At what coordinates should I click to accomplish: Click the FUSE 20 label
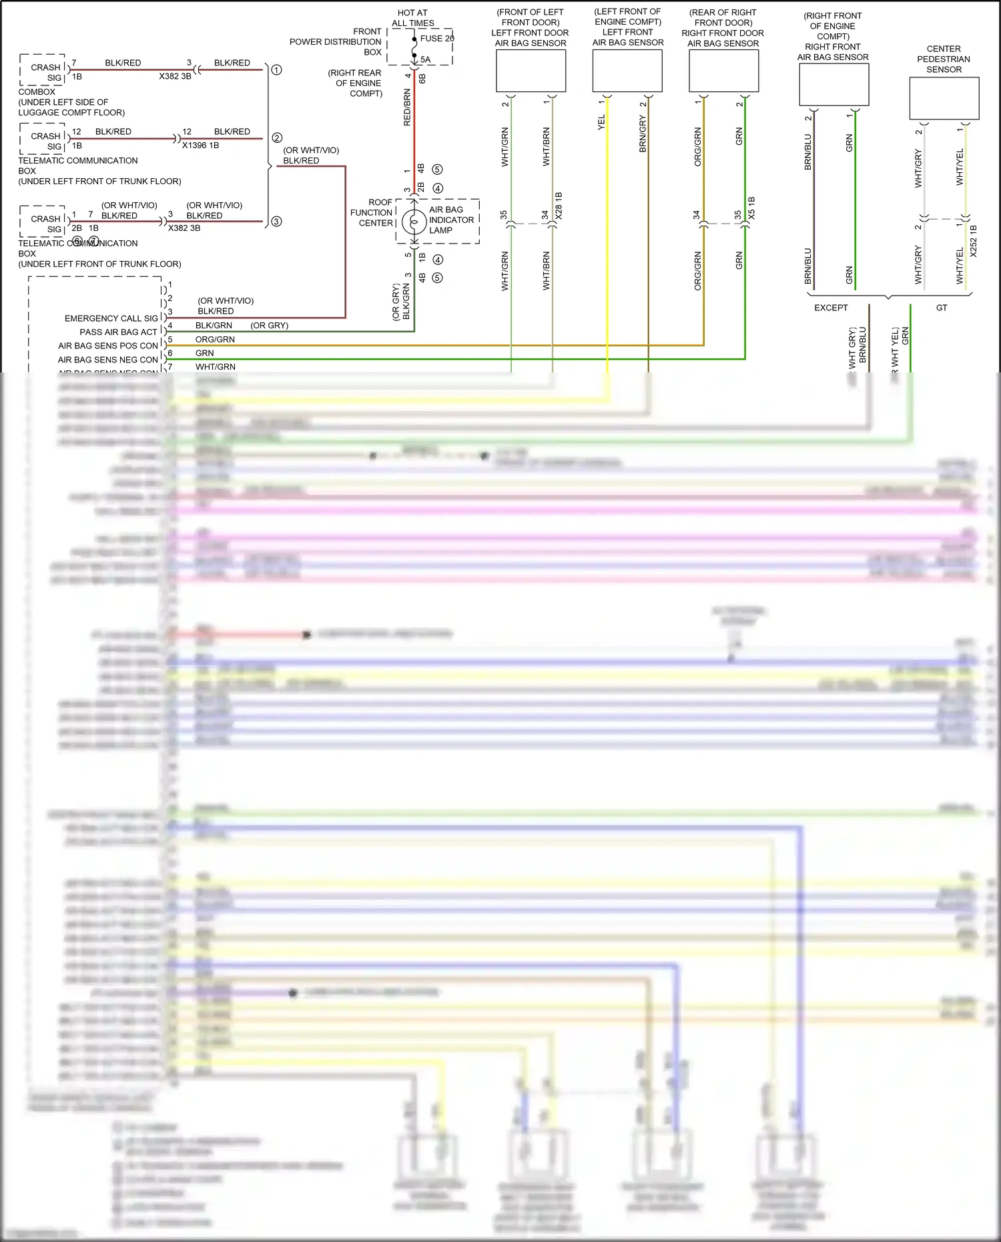click(436, 38)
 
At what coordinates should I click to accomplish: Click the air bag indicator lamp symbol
click(414, 221)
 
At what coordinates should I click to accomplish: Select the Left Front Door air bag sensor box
click(531, 71)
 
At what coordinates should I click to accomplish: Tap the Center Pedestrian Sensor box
click(944, 98)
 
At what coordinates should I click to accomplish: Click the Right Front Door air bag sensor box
click(723, 71)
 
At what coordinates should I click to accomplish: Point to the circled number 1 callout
click(276, 69)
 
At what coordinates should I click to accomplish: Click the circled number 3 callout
click(276, 221)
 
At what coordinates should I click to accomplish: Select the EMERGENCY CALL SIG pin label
click(111, 318)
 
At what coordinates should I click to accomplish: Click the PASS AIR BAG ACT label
click(118, 332)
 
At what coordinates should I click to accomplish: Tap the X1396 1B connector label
click(200, 145)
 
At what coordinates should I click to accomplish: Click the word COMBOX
click(37, 92)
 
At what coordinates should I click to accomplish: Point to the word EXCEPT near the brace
click(831, 308)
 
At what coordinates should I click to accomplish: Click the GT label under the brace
click(942, 308)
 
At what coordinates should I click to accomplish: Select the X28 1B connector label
click(559, 206)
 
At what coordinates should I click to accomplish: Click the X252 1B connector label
click(973, 241)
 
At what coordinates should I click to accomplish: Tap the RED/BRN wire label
click(407, 107)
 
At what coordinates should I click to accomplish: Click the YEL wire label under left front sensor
click(601, 121)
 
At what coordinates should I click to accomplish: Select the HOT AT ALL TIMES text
click(412, 18)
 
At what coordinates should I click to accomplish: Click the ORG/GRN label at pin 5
click(215, 339)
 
